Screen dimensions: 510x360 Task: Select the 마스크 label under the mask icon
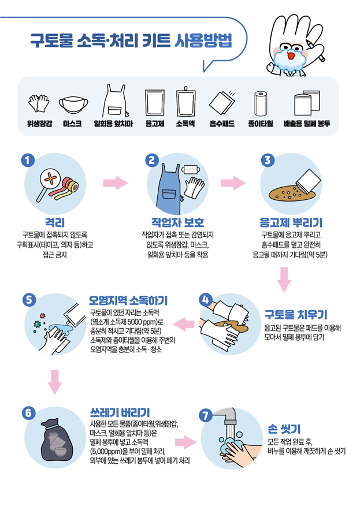tap(72, 124)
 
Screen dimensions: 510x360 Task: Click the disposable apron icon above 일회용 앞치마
tap(114, 102)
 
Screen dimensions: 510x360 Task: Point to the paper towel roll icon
tap(260, 105)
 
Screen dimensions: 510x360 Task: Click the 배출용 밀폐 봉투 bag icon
tap(306, 105)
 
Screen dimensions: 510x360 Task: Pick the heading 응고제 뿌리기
tap(291, 222)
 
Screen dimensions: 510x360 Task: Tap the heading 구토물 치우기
tap(295, 315)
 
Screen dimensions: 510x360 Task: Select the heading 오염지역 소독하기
tap(128, 301)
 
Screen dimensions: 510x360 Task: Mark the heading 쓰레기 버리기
tap(120, 412)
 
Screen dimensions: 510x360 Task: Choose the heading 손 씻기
tap(284, 429)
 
